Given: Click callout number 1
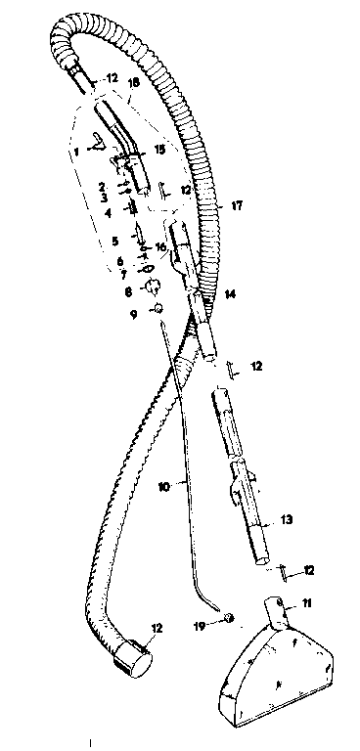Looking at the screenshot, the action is [74, 152].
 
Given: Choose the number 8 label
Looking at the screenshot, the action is [128, 290].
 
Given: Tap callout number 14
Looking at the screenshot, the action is [229, 293].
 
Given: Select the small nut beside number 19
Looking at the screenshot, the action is [227, 616].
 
